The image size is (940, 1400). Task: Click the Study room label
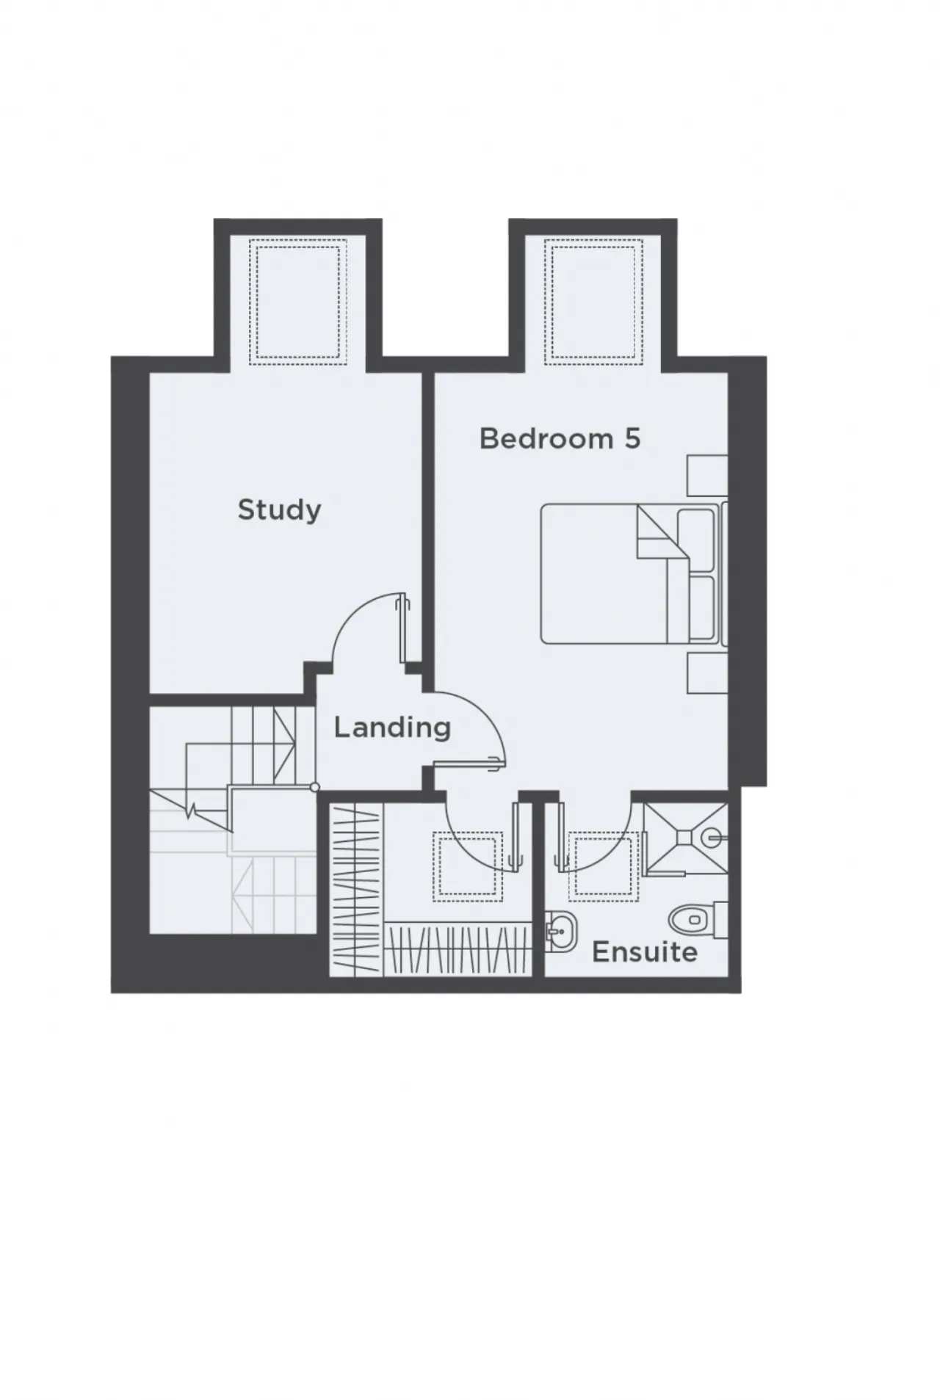point(279,509)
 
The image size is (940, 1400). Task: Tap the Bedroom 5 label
point(560,438)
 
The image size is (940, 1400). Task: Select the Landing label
point(392,728)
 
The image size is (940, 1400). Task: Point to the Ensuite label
point(644,952)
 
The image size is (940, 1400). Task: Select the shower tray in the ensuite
point(685,836)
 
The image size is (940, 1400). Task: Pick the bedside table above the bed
point(707,475)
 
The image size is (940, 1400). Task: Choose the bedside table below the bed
point(707,672)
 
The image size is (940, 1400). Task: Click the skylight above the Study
point(297,302)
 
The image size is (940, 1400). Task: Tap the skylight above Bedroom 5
point(594,302)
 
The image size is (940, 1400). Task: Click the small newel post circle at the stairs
point(315,787)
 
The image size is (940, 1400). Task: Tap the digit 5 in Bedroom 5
point(632,439)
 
